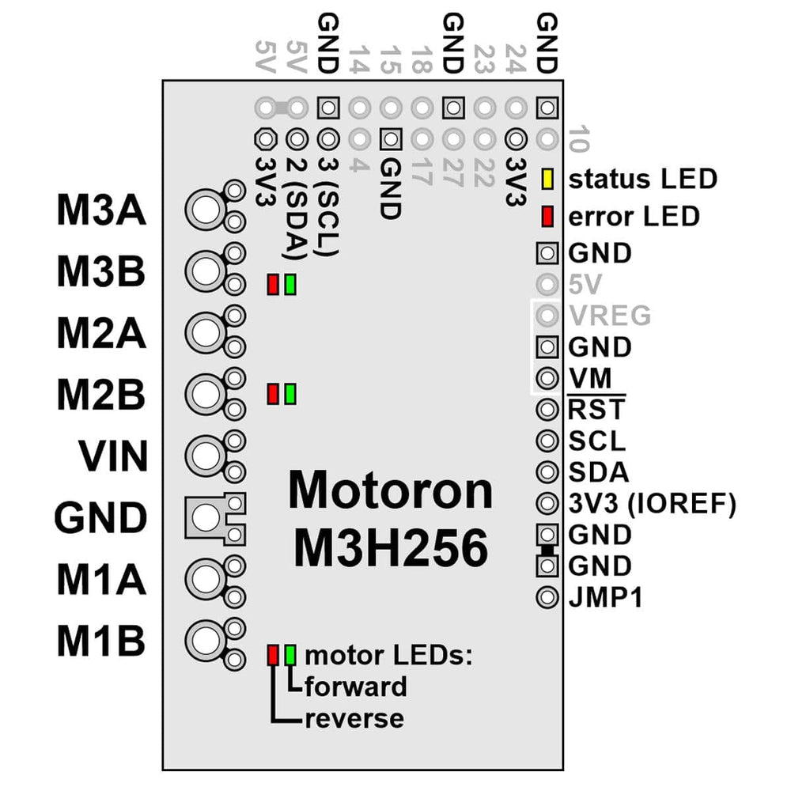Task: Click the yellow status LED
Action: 547,179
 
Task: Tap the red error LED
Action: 547,215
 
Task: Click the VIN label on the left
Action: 113,456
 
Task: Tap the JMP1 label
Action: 605,597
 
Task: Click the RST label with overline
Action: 596,410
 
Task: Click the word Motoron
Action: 391,490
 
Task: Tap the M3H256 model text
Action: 391,548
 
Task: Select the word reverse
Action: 354,718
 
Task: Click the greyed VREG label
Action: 609,316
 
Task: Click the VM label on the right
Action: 589,378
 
